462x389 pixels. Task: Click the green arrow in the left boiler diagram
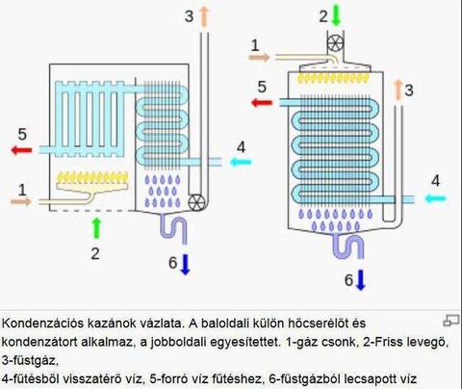[x=96, y=228]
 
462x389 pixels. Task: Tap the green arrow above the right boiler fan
[x=336, y=15]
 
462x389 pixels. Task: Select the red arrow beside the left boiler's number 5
[x=21, y=150]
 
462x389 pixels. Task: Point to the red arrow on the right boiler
[x=262, y=103]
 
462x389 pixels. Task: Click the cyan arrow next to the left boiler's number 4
[x=242, y=162]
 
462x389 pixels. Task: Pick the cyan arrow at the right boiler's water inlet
[x=436, y=199]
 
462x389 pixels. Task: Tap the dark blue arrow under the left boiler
[x=185, y=265]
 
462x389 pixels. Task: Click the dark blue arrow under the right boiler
[x=361, y=280]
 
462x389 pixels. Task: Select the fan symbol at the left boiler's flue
[x=196, y=202]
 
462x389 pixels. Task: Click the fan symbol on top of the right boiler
[x=335, y=43]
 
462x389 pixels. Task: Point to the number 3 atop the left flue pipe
[x=190, y=16]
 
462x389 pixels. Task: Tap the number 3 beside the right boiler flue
[x=408, y=91]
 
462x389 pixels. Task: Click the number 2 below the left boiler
[x=95, y=254]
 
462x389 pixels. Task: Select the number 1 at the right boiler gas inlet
[x=255, y=45]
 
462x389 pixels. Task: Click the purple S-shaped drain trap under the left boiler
[x=173, y=229]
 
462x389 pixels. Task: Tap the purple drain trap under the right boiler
[x=348, y=246]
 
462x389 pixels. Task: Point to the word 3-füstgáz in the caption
[x=30, y=361]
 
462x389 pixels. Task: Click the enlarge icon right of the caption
[x=450, y=321]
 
